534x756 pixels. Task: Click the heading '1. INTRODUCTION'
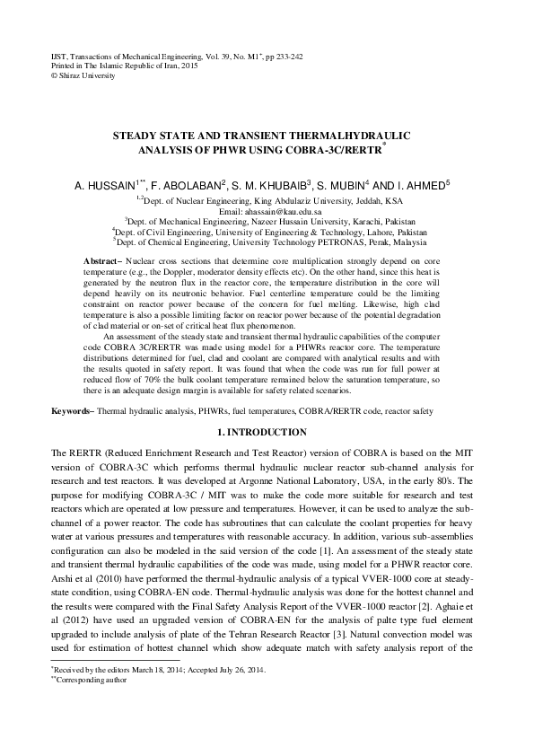267,433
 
